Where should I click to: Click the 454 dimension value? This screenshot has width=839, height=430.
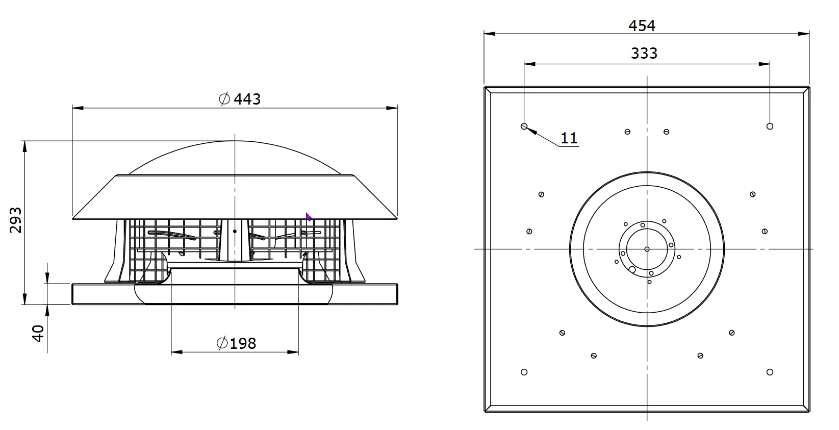coord(642,26)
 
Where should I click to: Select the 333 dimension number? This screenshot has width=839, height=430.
coord(644,54)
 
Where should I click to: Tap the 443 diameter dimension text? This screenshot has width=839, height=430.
coord(247,99)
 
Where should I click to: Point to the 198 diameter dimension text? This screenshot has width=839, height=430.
coord(243,343)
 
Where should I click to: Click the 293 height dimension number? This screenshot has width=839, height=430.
coord(16,220)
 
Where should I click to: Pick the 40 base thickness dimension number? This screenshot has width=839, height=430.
coord(38,334)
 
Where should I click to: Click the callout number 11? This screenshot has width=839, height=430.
coord(569,138)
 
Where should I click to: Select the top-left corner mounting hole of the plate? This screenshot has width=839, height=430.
coord(524,126)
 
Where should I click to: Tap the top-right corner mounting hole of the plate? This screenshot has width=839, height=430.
coord(770,126)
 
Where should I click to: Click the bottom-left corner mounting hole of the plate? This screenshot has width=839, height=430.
coord(524,372)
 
